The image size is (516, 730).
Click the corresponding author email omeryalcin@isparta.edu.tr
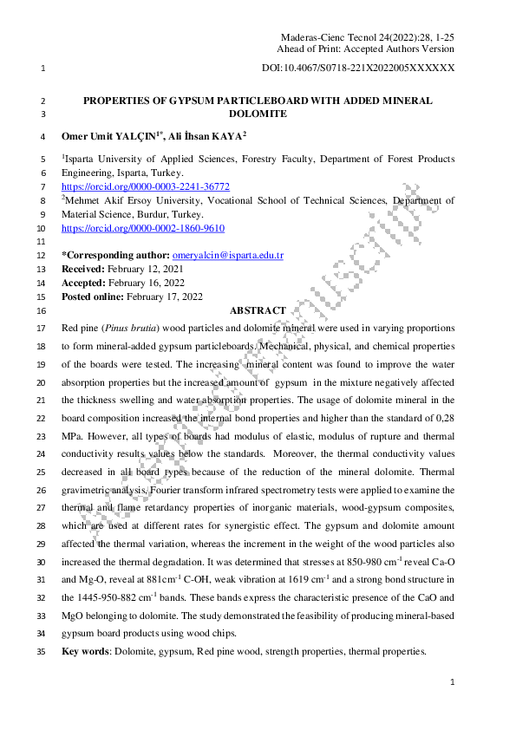228,256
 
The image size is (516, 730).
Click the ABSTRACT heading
258,310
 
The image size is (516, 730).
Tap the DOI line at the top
357,67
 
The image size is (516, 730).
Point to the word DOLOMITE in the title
258,114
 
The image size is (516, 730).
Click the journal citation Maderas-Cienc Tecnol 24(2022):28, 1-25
368,38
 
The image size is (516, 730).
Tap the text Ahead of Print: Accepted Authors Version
368,49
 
